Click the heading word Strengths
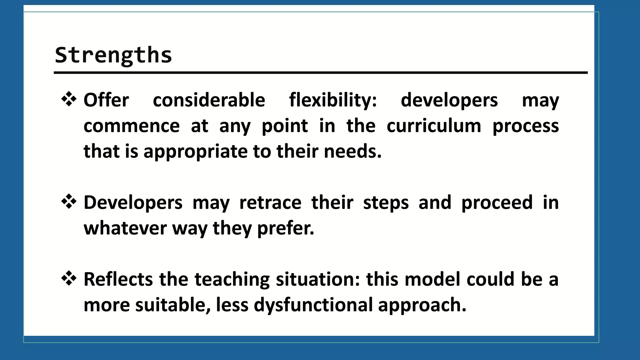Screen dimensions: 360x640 [x=113, y=55]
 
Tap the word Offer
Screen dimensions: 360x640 [x=106, y=100]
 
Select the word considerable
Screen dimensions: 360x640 [x=209, y=100]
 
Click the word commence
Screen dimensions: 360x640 [x=132, y=126]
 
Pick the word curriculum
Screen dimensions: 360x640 [x=434, y=126]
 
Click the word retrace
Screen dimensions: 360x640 [x=270, y=202]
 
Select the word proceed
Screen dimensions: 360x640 [x=497, y=202]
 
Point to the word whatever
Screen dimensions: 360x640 [x=125, y=228]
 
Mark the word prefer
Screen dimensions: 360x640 [x=285, y=228]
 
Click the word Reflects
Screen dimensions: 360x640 [x=118, y=279]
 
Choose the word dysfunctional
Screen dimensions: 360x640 [x=313, y=305]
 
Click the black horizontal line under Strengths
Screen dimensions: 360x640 [x=320, y=72]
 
